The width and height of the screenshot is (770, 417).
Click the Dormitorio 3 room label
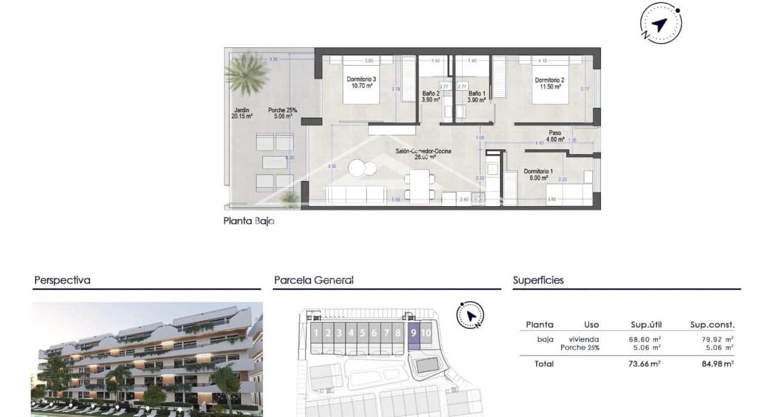pyautogui.click(x=362, y=79)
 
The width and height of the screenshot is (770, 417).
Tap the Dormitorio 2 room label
pyautogui.click(x=549, y=80)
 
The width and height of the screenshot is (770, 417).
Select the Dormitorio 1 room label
pyautogui.click(x=538, y=171)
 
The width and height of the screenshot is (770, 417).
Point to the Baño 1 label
pyautogui.click(x=476, y=94)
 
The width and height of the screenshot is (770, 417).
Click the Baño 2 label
pyautogui.click(x=430, y=94)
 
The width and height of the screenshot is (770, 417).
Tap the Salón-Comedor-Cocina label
pyautogui.click(x=423, y=151)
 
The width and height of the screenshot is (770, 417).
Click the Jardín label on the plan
pyautogui.click(x=242, y=110)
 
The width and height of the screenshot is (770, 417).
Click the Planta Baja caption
pyautogui.click(x=248, y=221)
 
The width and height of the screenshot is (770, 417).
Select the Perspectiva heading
pyautogui.click(x=62, y=280)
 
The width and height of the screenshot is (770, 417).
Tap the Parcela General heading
pyautogui.click(x=313, y=280)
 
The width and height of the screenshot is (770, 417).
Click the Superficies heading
pyautogui.click(x=538, y=280)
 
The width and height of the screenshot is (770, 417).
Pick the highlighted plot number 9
pyautogui.click(x=414, y=333)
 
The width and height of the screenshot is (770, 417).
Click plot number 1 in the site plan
pyautogui.click(x=316, y=333)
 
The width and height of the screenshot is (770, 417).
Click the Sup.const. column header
pyautogui.click(x=712, y=325)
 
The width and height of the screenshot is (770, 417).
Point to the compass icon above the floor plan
pyautogui.click(x=660, y=24)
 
